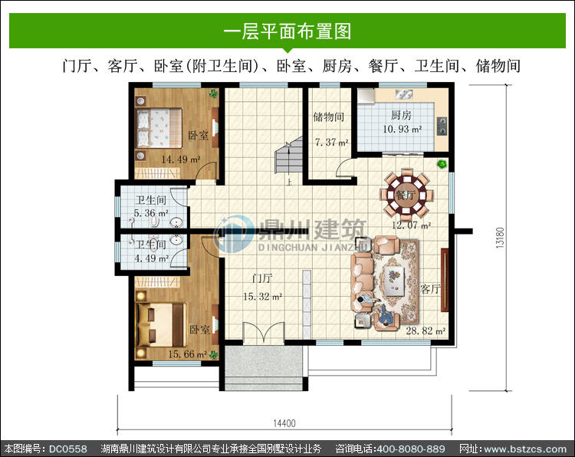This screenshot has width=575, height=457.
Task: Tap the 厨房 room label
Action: [401, 116]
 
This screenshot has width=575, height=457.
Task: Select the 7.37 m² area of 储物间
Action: [331, 143]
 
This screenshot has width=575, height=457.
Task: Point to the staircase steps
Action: [289, 156]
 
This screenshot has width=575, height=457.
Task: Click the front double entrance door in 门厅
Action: [264, 333]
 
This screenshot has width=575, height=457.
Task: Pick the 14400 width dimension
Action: [284, 423]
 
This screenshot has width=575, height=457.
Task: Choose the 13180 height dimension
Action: [500, 238]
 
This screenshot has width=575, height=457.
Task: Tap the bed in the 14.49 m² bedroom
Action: [159, 128]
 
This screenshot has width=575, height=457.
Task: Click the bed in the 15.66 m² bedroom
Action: [160, 324]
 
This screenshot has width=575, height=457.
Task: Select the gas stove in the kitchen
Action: [442, 127]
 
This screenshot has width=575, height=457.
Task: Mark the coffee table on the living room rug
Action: [395, 281]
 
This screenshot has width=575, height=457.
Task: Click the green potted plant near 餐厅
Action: [442, 163]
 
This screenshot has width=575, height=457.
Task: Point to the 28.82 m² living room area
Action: [426, 330]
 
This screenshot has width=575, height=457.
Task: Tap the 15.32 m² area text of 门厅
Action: [262, 296]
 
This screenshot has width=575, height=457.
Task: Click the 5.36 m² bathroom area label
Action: [151, 213]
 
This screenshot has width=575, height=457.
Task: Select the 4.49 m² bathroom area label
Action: [152, 258]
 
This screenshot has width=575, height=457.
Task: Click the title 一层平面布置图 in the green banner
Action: [287, 31]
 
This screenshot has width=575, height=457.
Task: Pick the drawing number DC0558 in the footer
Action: [68, 449]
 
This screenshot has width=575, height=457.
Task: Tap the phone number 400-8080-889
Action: [411, 449]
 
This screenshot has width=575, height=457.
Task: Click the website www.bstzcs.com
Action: [525, 449]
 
